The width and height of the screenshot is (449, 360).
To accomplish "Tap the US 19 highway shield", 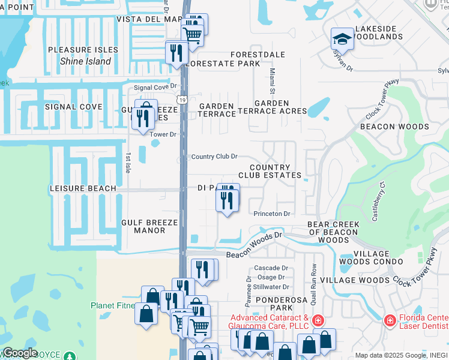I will pos(182,99).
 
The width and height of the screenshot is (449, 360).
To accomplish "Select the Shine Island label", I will pos(85,61).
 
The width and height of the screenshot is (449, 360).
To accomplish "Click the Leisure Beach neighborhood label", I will pos(83,188).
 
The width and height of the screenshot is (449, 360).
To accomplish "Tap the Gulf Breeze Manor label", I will pos(149,226).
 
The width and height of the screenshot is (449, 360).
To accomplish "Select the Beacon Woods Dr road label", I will pos(254,245).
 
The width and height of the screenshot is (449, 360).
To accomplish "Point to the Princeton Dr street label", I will pos(271,214).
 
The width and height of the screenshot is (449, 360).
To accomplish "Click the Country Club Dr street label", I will pos(214,157).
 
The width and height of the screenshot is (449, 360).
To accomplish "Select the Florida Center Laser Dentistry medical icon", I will pos(390,322).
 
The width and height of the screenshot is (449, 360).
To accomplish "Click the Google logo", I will pos(20,353).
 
